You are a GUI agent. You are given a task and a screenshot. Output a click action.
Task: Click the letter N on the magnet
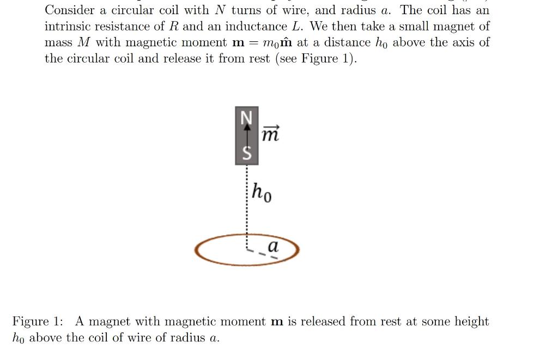tap(247, 116)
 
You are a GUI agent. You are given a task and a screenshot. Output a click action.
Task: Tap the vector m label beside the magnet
tap(270, 132)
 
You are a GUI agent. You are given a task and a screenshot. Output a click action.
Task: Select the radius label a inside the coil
tap(273, 246)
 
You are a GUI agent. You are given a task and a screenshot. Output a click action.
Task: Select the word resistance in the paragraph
tap(128, 26)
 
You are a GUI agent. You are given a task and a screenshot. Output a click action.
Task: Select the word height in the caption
tap(471, 321)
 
